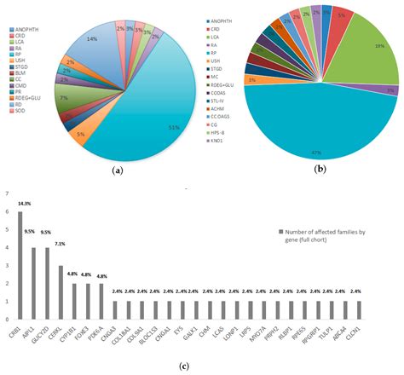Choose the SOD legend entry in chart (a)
click(x=20, y=112)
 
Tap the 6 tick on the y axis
click(x=8, y=212)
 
